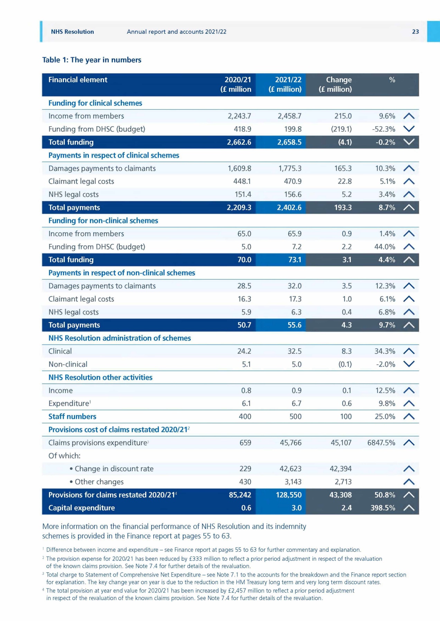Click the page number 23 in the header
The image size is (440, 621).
pos(415,32)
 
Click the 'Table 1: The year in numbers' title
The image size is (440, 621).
pos(92,60)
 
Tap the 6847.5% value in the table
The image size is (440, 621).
pos(381,443)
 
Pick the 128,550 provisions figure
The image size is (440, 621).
pos(289,495)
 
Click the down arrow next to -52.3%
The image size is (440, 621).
pos(409,129)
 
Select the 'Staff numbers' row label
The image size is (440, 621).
pos(72,417)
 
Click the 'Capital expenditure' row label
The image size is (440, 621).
pos(82,508)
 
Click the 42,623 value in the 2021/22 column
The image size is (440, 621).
pos(290,469)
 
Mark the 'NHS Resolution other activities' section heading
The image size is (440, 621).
pos(100,377)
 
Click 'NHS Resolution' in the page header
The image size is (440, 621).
pos(73,32)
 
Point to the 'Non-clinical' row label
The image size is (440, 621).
pos(68,364)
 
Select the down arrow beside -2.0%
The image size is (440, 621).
pos(409,364)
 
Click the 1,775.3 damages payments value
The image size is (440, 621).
pos(290,168)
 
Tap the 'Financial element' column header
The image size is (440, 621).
pos(78,80)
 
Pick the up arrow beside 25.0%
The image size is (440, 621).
pos(409,417)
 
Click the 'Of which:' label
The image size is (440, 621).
pos(64,456)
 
